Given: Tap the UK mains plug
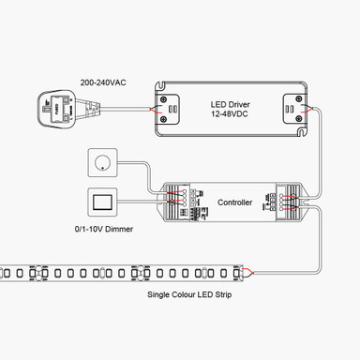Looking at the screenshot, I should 55,107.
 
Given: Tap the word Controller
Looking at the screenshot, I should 235,201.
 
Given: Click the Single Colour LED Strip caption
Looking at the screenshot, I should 187,294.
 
